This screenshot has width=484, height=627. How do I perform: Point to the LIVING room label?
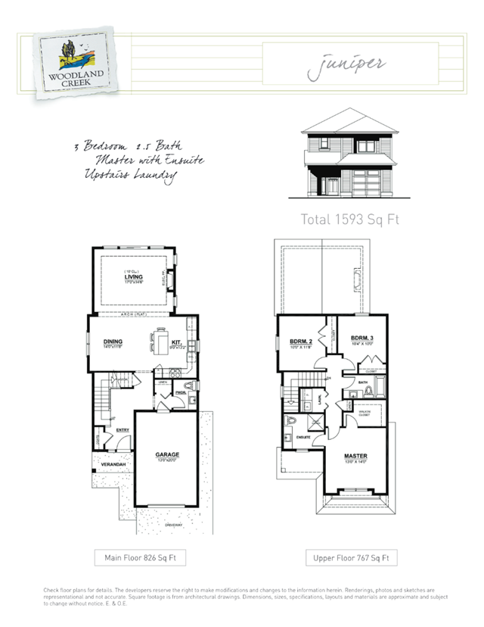(134, 278)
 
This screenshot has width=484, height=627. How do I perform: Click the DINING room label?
(113, 342)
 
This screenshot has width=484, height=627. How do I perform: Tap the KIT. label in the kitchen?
(175, 343)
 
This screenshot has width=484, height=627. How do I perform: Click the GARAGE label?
(167, 454)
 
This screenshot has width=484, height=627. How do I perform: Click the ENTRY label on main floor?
(123, 430)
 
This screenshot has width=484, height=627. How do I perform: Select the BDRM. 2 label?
(299, 344)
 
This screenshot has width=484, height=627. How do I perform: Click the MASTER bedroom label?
(355, 456)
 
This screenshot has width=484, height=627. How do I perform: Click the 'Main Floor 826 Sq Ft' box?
(140, 558)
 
